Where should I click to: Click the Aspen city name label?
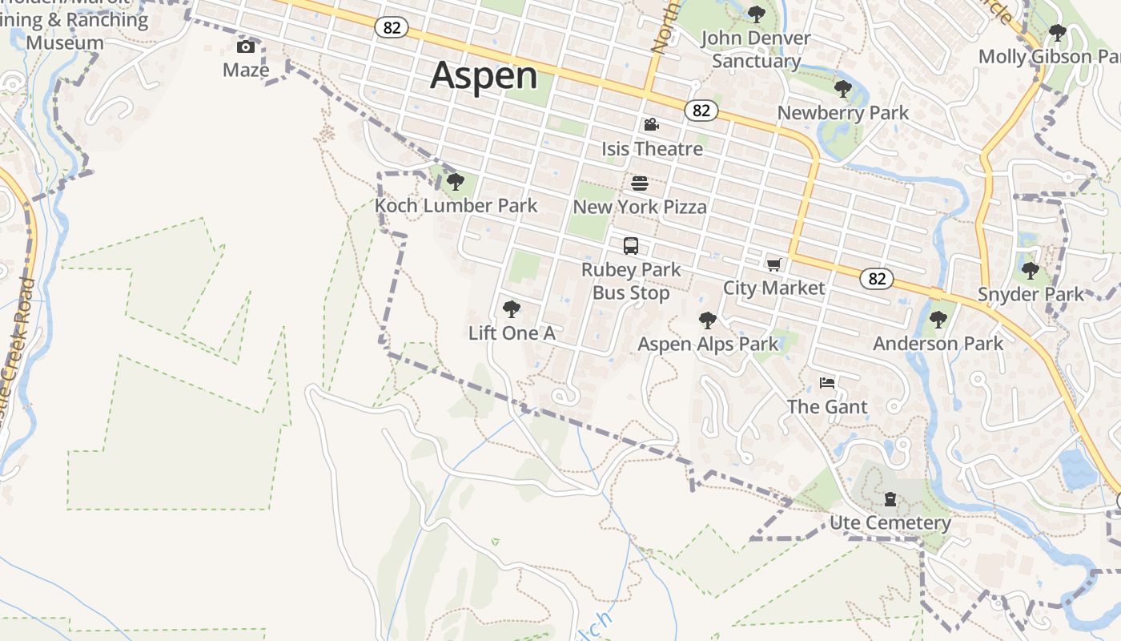pos(484,76)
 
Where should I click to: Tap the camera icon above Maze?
pos(246,46)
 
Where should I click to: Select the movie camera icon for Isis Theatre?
pos(652,125)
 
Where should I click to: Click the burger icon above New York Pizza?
pos(640,183)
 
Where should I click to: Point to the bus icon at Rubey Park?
pos(631,246)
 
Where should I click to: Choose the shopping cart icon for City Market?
pos(773,264)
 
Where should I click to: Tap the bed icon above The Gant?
pos(827,383)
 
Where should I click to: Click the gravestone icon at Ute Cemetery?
pos(890,500)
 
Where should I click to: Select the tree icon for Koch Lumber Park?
pos(456,182)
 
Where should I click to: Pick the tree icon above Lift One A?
pos(511,309)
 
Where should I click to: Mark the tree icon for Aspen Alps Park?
pos(707,320)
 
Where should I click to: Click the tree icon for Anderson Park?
pos(938,320)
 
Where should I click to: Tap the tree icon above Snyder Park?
pos(1031,271)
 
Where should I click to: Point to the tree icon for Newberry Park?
pos(842,89)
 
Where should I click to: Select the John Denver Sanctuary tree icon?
pos(756,14)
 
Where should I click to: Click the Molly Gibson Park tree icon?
pos(1058,33)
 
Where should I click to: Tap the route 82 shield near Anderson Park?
pos(877,278)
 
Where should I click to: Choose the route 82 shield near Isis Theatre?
pos(701,111)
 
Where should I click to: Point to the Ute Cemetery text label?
pos(890,523)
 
